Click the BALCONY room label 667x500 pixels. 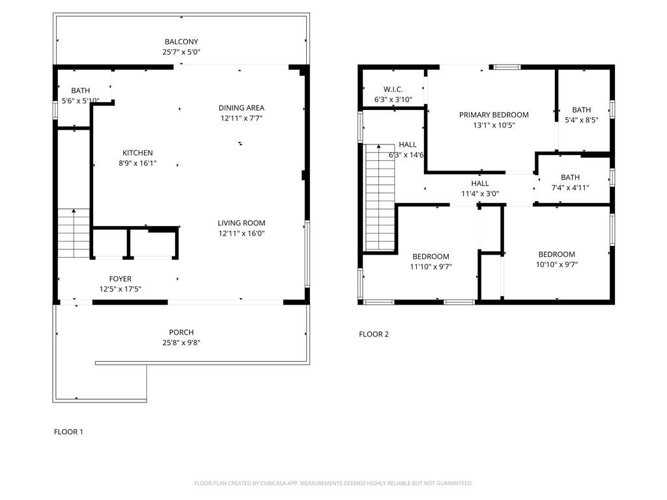[181, 42]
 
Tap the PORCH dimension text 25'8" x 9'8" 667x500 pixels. [181, 343]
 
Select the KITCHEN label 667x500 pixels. [137, 153]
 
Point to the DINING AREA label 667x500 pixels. [241, 108]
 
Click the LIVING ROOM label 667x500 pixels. [241, 223]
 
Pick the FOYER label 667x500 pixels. [120, 279]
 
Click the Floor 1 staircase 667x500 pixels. [73, 233]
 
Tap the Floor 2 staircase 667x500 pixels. [380, 198]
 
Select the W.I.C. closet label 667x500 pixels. [393, 89]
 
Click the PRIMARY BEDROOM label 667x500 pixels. [494, 115]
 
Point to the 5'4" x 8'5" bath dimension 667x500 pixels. [581, 120]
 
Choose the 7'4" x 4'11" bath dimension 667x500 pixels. [570, 187]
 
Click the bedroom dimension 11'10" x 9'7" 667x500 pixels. [431, 267]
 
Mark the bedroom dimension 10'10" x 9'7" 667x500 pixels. [556, 265]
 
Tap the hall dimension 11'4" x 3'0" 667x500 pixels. [479, 194]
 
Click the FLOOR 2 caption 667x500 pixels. [373, 335]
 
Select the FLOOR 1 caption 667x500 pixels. [68, 432]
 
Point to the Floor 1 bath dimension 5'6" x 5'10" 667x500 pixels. [76, 101]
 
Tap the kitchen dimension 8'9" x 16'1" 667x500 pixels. [137, 163]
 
